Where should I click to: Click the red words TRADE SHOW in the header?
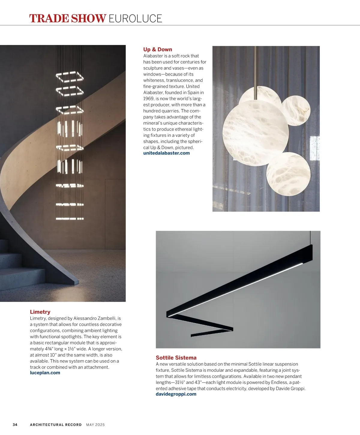(67, 19)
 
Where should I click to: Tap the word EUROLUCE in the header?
(135, 19)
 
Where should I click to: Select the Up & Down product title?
(157, 49)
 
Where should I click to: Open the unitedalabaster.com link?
(166, 153)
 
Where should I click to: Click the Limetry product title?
(40, 312)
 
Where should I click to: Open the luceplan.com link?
(45, 373)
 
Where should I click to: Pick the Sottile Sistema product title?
(176, 358)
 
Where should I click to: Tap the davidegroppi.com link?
(176, 394)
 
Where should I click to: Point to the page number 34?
(15, 425)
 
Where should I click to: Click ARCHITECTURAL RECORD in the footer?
(56, 425)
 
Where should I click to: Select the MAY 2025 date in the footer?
(95, 425)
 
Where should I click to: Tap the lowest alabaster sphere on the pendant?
(288, 174)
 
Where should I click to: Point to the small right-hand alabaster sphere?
(295, 110)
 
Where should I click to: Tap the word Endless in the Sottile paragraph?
(279, 382)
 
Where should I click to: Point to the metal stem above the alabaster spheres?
(255, 66)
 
